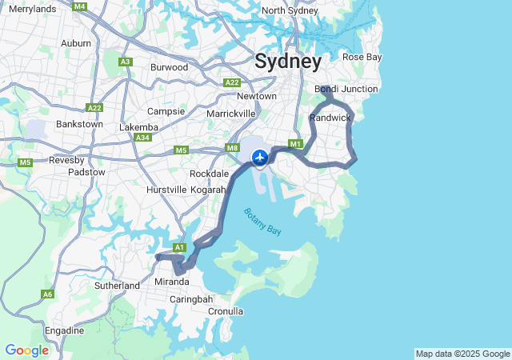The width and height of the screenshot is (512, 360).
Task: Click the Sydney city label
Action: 288,61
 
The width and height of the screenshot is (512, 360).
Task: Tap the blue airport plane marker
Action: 260,157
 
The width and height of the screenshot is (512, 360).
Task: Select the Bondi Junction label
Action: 346,89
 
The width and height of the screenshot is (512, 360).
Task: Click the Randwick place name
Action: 330,118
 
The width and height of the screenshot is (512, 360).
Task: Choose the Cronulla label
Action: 226,311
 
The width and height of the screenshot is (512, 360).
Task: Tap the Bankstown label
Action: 79,124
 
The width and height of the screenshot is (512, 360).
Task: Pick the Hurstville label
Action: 166,190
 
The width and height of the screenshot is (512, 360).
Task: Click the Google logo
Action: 26,350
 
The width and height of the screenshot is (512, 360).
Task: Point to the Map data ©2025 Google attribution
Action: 462,354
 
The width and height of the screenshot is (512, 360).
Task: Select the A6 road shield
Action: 48,294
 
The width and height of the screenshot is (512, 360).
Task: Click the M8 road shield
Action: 233,148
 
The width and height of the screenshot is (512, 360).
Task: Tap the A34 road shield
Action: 143,138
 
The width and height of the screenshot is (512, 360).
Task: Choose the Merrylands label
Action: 32,9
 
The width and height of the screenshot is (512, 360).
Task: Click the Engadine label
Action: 64,330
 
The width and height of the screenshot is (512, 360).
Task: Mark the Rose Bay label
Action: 362,57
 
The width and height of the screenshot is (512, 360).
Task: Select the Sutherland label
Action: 117,286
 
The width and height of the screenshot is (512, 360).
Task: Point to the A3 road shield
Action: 126,62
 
